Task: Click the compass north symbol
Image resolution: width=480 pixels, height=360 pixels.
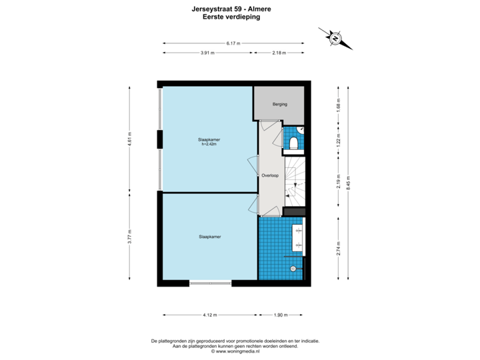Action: click(x=335, y=39)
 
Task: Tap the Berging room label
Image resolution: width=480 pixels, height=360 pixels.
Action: click(x=280, y=105)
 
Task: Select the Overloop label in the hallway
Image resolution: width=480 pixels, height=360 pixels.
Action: click(x=270, y=175)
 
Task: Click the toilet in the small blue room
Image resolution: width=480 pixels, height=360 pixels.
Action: click(x=294, y=141)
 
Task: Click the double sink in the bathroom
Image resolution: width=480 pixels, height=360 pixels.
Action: click(x=297, y=237)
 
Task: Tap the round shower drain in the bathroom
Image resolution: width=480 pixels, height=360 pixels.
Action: click(x=292, y=269)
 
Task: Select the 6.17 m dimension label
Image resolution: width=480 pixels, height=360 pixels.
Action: click(x=233, y=43)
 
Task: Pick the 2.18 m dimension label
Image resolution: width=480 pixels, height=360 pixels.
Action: click(x=279, y=53)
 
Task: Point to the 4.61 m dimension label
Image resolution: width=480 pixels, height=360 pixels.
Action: click(x=130, y=139)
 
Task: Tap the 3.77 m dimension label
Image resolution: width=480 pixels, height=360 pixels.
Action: click(x=130, y=237)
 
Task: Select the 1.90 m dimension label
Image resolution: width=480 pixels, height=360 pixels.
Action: click(x=281, y=315)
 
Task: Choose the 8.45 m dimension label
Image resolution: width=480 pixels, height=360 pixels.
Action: click(x=349, y=183)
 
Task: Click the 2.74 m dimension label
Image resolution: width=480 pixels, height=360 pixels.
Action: click(x=339, y=248)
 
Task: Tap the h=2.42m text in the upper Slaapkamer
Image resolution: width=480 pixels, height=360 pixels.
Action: click(x=209, y=144)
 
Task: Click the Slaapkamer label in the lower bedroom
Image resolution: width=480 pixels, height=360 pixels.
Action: click(x=209, y=237)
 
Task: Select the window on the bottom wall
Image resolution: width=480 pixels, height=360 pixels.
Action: click(x=210, y=284)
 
